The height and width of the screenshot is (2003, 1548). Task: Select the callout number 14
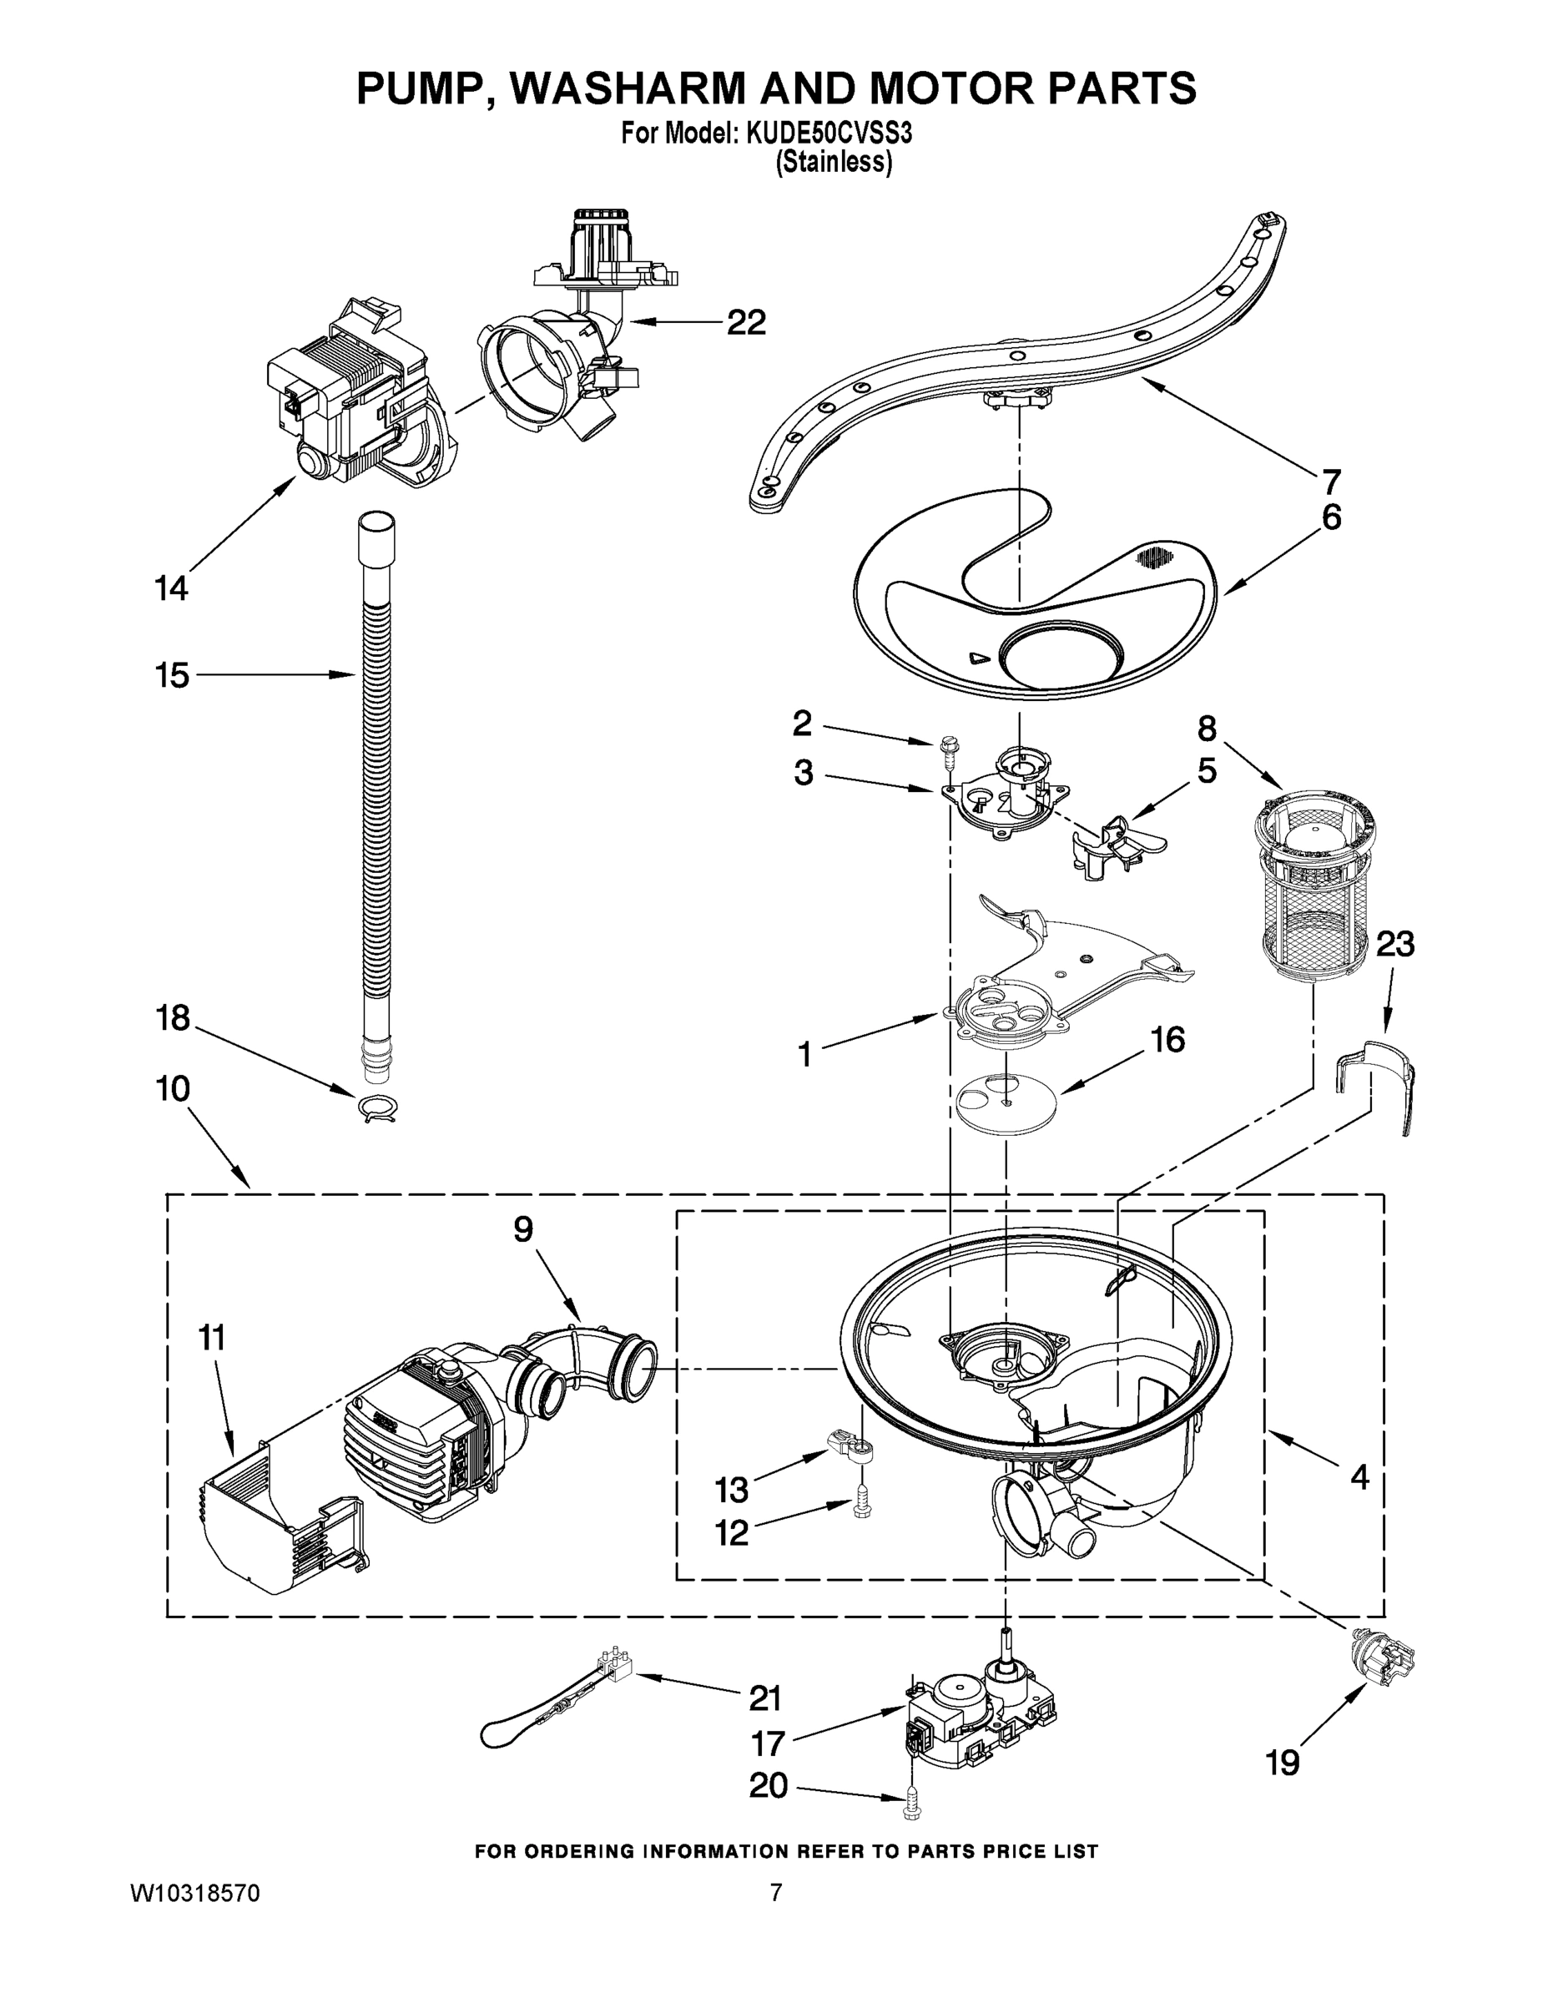click(172, 587)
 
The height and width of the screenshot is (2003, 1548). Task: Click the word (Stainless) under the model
click(834, 163)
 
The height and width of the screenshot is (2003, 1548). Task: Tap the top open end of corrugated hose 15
click(376, 522)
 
